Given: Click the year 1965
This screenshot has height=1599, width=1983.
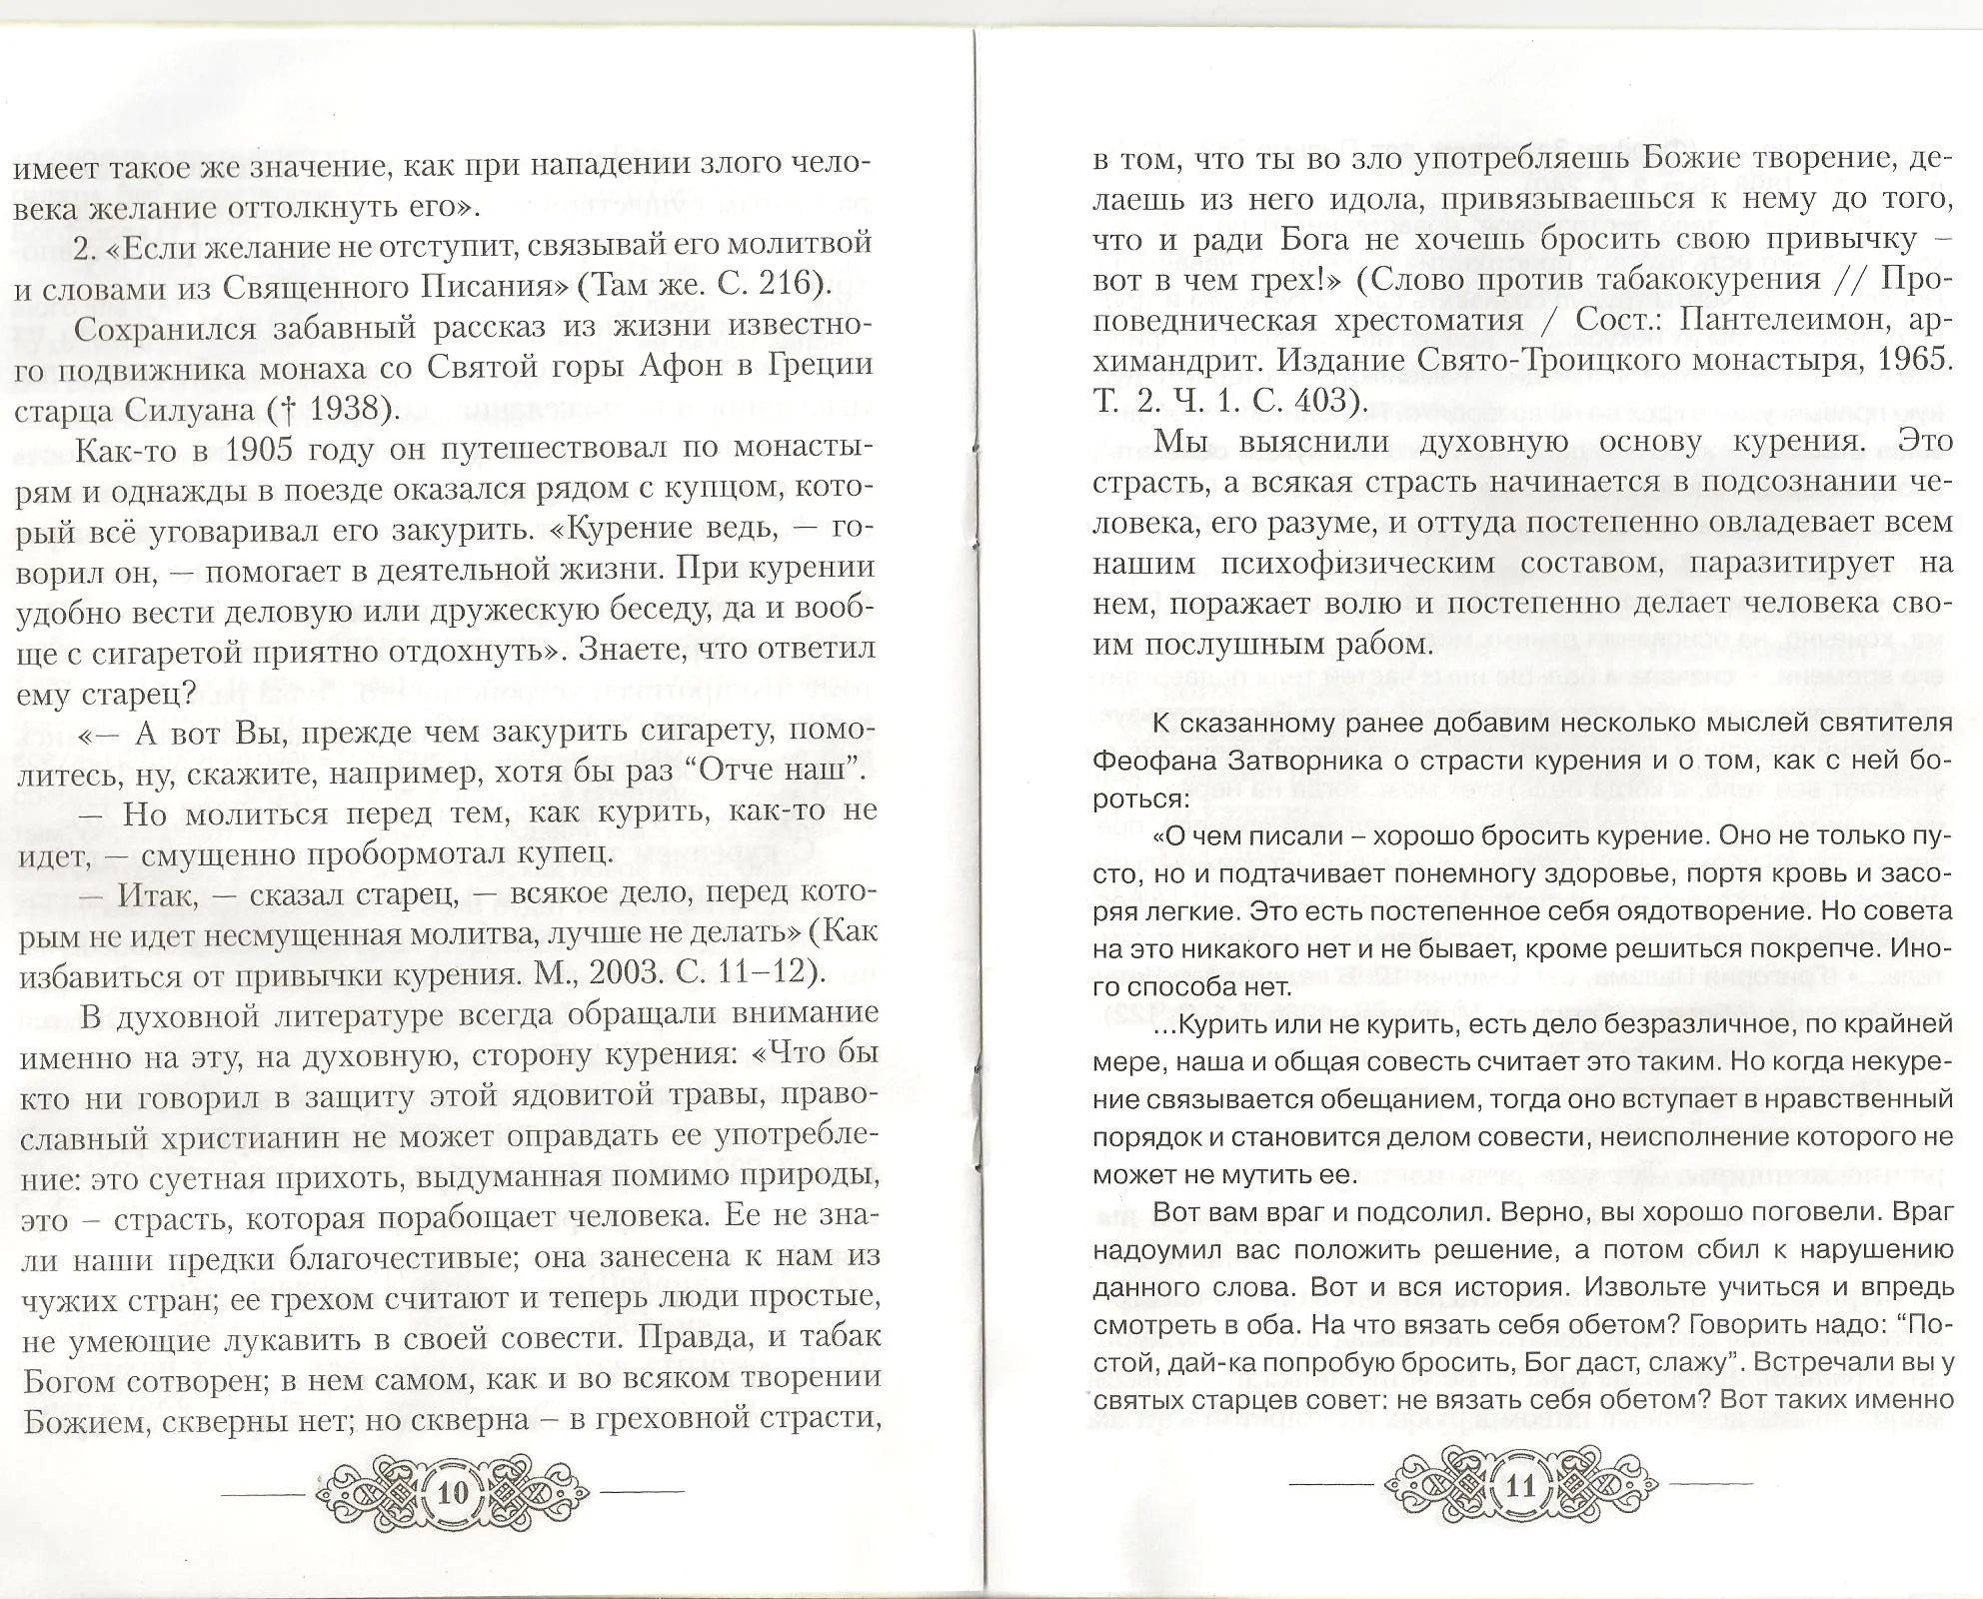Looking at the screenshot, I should pyautogui.click(x=1913, y=359).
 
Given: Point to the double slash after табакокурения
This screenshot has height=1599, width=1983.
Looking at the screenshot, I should pyautogui.click(x=1853, y=280).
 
